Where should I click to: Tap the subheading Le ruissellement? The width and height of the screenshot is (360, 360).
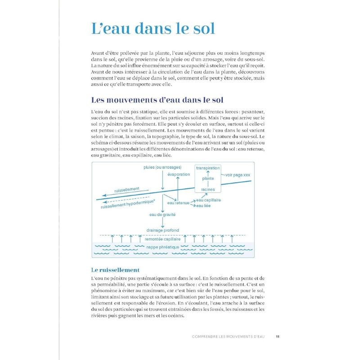115,270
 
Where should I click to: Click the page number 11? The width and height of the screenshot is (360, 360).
278,336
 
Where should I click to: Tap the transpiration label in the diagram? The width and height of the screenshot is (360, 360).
208,168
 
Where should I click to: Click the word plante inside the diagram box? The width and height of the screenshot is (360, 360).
208,179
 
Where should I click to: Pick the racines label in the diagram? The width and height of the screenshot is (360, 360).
208,189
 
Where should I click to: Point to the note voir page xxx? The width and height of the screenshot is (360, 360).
239,174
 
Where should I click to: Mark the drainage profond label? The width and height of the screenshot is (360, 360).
162,230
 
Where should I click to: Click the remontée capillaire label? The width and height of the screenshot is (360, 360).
162,240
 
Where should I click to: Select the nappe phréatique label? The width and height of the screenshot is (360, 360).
162,247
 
